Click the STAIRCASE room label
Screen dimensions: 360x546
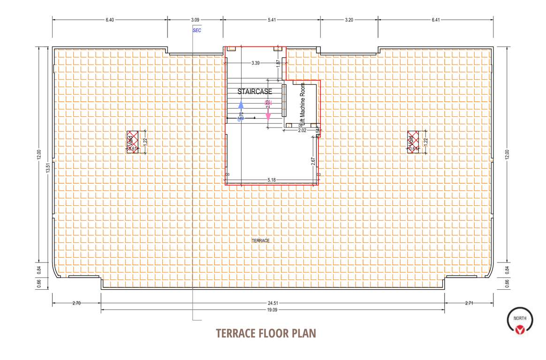coord(255,91)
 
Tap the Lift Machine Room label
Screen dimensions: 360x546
coord(303,100)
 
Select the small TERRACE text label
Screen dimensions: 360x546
coord(260,240)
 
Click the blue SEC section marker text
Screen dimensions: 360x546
coord(197,30)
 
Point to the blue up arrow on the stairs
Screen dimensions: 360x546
coord(241,106)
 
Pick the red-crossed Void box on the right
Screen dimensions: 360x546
coord(413,142)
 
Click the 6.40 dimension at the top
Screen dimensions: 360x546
coord(110,20)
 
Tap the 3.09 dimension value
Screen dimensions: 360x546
coord(195,20)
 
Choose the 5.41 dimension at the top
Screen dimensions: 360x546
coord(272,20)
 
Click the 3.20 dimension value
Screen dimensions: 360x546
coord(349,20)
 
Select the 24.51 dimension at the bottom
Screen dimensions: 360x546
coord(272,303)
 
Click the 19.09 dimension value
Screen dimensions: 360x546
coord(272,310)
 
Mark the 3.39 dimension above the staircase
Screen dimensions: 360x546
coord(256,62)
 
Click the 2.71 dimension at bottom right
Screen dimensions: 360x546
coord(469,303)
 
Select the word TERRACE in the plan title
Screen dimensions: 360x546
coord(235,333)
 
